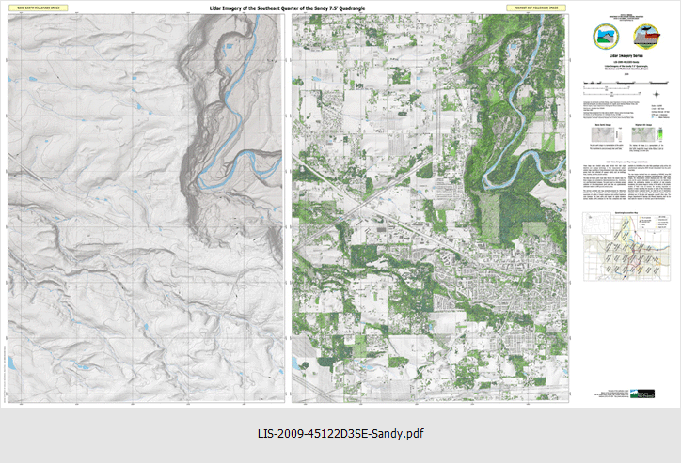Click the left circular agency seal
pyautogui.click(x=602, y=37)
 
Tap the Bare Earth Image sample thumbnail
pyautogui.click(x=602, y=137)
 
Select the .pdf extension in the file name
pyautogui.click(x=414, y=434)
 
